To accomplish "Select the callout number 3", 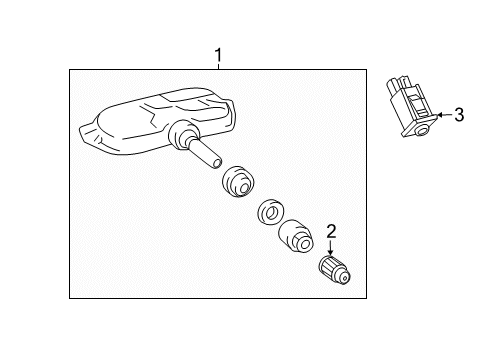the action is pyautogui.click(x=458, y=116).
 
